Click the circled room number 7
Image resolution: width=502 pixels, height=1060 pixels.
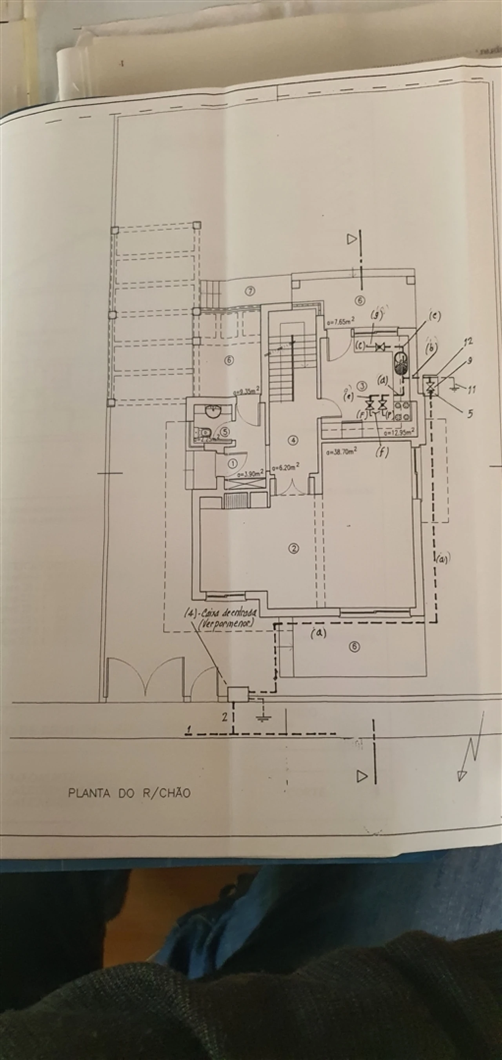click(249, 291)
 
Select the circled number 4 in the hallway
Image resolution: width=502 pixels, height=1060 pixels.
click(293, 440)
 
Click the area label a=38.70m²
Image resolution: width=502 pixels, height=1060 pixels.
click(341, 451)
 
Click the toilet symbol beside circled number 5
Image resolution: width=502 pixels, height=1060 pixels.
click(203, 432)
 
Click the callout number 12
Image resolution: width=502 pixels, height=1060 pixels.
click(467, 341)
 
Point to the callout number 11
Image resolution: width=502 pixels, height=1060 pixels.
click(471, 389)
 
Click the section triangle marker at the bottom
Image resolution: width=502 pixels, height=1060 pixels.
click(362, 776)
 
